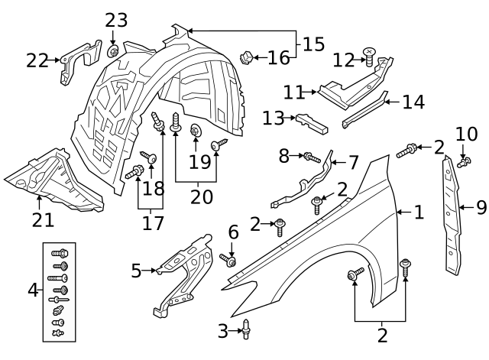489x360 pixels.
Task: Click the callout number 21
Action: [x=43, y=220]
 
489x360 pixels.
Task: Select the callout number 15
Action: [x=313, y=44]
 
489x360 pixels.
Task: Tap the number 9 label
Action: [x=481, y=206]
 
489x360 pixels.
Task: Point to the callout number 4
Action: [x=32, y=290]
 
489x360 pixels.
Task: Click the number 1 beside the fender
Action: [x=418, y=212]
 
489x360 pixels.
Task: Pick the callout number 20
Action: [x=202, y=196]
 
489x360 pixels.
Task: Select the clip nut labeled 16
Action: [x=248, y=57]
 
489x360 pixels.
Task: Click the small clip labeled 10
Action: [x=462, y=161]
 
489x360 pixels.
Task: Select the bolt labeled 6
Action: [x=228, y=261]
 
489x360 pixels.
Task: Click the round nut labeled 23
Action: [x=113, y=51]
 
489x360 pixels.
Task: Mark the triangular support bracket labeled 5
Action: [x=183, y=271]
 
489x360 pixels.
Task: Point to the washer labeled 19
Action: [x=195, y=130]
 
